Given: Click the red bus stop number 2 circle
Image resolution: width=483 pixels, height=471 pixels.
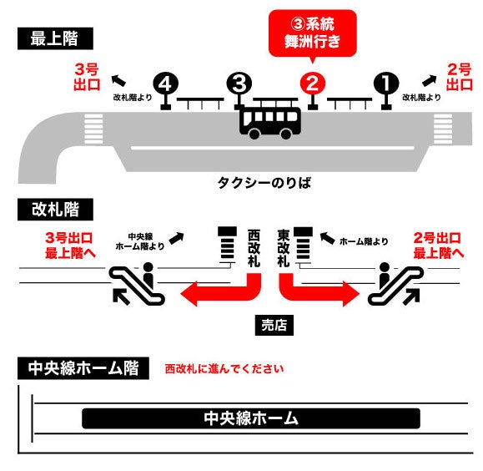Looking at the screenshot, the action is [312, 84].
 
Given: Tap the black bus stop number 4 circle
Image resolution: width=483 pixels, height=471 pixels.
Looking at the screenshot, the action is [166, 84].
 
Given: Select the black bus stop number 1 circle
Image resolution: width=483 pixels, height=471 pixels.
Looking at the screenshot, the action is [386, 84].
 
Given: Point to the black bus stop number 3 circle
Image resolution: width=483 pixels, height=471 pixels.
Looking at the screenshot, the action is [239, 84].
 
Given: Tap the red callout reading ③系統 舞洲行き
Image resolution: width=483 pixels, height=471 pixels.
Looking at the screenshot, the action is [313, 34].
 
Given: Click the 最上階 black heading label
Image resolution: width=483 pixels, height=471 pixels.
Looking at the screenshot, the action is [55, 38].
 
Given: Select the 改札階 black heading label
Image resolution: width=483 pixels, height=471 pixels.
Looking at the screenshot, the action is [55, 210].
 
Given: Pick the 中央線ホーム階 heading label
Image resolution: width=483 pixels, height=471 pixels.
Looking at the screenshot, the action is [83, 368].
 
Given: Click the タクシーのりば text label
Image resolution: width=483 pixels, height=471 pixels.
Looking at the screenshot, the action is [264, 183].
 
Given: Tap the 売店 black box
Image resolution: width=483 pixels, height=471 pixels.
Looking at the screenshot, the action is [274, 325].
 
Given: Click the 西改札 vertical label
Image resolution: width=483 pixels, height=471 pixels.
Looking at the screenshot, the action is [254, 248].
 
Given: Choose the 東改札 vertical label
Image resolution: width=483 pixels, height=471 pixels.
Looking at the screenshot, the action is [284, 248].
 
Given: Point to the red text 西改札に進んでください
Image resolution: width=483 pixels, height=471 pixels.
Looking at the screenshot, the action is [224, 369].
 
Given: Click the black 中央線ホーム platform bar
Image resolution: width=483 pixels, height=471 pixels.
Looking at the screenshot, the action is [251, 418].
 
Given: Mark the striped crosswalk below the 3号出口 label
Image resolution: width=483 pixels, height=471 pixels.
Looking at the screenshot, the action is [93, 129].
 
